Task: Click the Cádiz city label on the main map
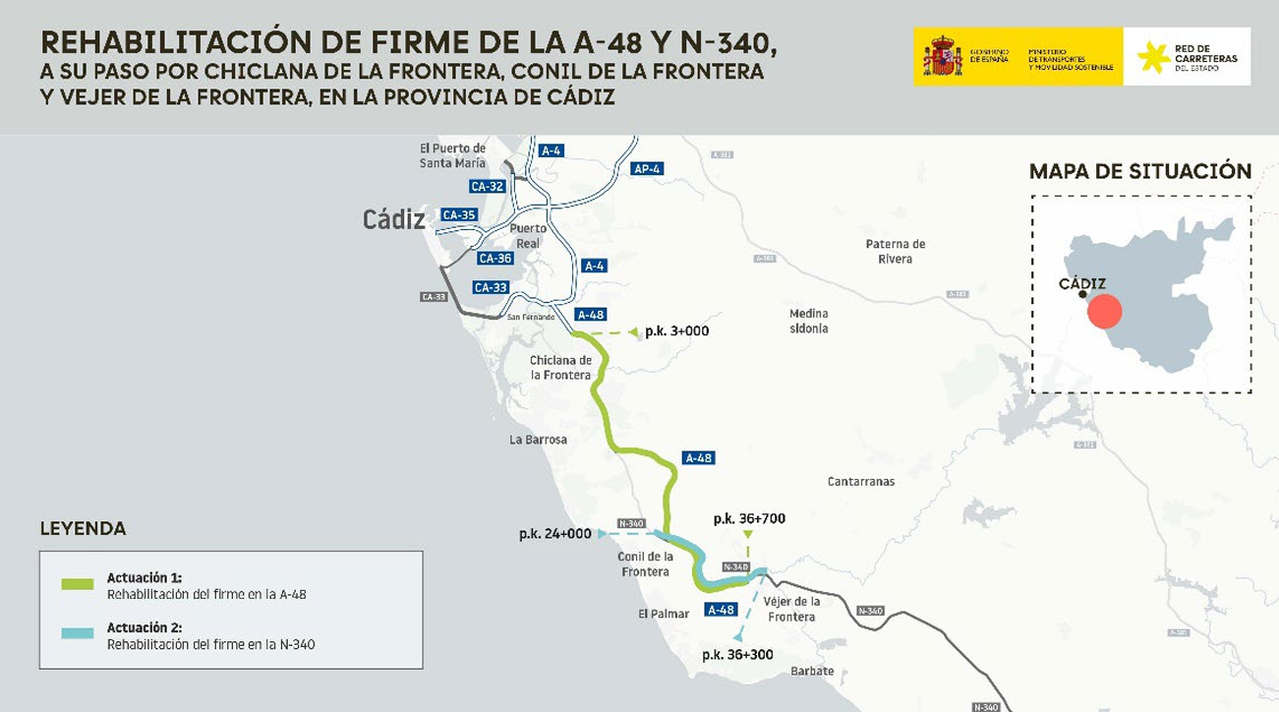tap(393, 219)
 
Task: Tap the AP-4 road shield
tap(647, 168)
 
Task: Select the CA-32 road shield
tap(488, 186)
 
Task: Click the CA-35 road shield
tap(459, 214)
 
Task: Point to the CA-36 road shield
tap(494, 259)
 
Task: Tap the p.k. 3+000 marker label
tap(676, 331)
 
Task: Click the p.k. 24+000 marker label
tap(555, 534)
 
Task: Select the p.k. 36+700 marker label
tap(749, 518)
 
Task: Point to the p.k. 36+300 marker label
tap(737, 655)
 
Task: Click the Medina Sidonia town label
tap(808, 321)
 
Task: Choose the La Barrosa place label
tap(538, 440)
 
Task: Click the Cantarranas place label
tap(861, 482)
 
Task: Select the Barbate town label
tap(812, 672)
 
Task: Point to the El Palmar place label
tap(664, 614)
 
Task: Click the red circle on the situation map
tap(1105, 311)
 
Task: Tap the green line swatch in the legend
tap(77, 584)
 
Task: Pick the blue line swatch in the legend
tap(77, 634)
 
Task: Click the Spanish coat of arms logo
tap(942, 56)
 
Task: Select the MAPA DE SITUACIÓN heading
tap(1139, 171)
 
